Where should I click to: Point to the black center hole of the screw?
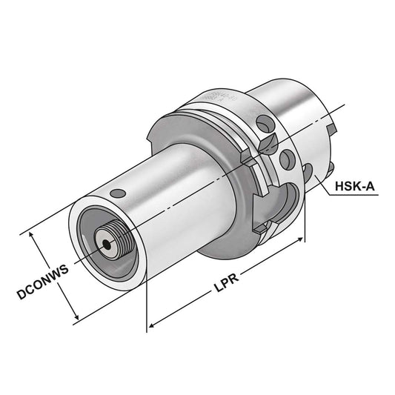(108, 241)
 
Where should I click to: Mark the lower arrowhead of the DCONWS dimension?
(76, 319)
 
